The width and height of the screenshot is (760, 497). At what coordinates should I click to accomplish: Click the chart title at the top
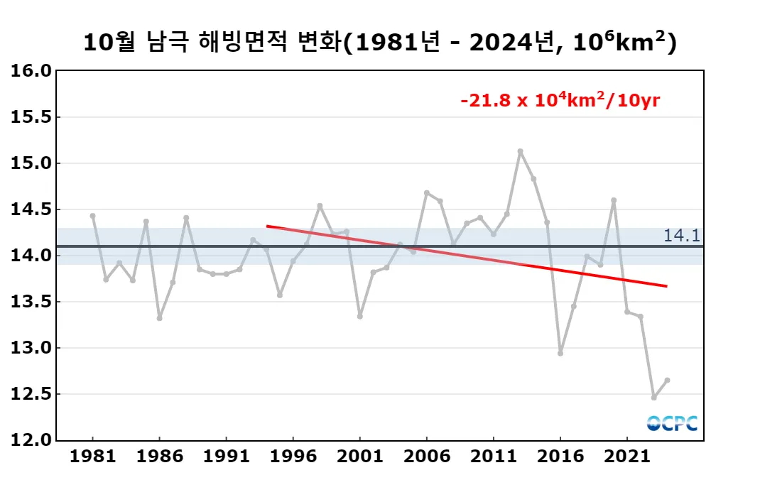click(380, 42)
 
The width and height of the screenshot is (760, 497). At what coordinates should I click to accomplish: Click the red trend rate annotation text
click(560, 100)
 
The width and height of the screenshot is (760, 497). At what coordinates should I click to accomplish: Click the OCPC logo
click(672, 423)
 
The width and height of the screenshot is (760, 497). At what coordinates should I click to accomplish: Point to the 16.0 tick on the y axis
click(31, 71)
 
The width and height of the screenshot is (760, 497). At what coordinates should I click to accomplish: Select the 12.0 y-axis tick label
click(31, 440)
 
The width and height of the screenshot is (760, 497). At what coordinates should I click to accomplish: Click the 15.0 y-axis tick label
click(31, 163)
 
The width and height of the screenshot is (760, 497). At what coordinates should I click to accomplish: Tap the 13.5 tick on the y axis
click(31, 302)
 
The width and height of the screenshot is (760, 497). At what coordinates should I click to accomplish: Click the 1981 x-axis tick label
click(92, 456)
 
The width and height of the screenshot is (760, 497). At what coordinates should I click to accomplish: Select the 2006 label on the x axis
click(426, 456)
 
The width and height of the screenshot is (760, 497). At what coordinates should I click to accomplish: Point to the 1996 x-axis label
click(293, 456)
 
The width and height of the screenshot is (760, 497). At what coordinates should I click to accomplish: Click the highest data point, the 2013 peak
click(520, 151)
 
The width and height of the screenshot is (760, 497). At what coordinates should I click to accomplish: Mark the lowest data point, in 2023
click(653, 397)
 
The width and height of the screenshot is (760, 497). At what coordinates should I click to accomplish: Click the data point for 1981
click(92, 216)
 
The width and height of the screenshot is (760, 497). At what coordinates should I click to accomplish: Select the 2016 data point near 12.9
click(560, 353)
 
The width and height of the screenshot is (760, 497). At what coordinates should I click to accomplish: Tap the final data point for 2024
click(667, 380)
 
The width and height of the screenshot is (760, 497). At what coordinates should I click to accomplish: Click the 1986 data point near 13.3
click(159, 318)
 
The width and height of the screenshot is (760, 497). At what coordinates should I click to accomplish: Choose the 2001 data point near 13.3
click(360, 316)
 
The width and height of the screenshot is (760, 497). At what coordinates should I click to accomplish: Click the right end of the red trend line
click(666, 286)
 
